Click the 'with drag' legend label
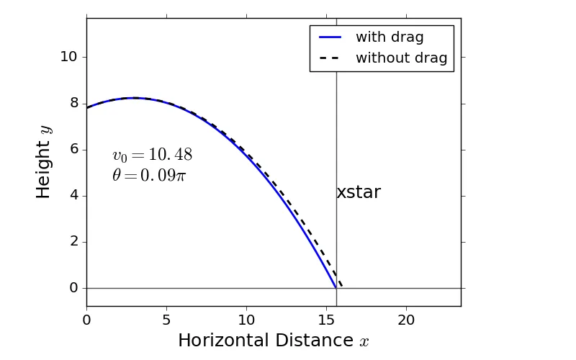[390, 37]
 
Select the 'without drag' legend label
[401, 58]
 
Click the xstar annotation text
[359, 193]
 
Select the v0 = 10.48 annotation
[152, 156]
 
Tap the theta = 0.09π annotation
[149, 175]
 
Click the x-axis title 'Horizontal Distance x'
[274, 341]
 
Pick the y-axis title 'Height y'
[45, 161]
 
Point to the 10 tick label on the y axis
[68, 57]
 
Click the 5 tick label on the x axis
[166, 320]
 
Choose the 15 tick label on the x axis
[327, 320]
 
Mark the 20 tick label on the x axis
[407, 320]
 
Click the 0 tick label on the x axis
[87, 320]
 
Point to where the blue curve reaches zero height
[336, 287]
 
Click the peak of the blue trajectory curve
[133, 98]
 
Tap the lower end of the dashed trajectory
[341, 287]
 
